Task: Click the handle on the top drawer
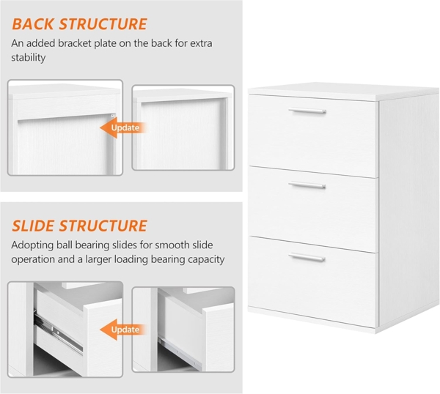pyautogui.click(x=307, y=111)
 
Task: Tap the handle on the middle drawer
pyautogui.click(x=307, y=185)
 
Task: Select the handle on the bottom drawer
pyautogui.click(x=307, y=257)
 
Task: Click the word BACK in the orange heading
pyautogui.click(x=32, y=24)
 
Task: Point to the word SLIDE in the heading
pyautogui.click(x=32, y=226)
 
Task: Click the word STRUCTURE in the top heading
pyautogui.click(x=103, y=24)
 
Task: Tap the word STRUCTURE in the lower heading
pyautogui.click(x=103, y=226)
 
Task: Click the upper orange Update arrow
pyautogui.click(x=123, y=127)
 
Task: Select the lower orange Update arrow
pyautogui.click(x=123, y=330)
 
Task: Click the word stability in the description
pyautogui.click(x=29, y=58)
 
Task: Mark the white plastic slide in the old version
pyautogui.click(x=180, y=354)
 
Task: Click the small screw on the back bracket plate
pyautogui.click(x=113, y=115)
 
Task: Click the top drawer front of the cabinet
pyautogui.click(x=312, y=136)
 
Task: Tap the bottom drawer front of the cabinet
pyautogui.click(x=312, y=281)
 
